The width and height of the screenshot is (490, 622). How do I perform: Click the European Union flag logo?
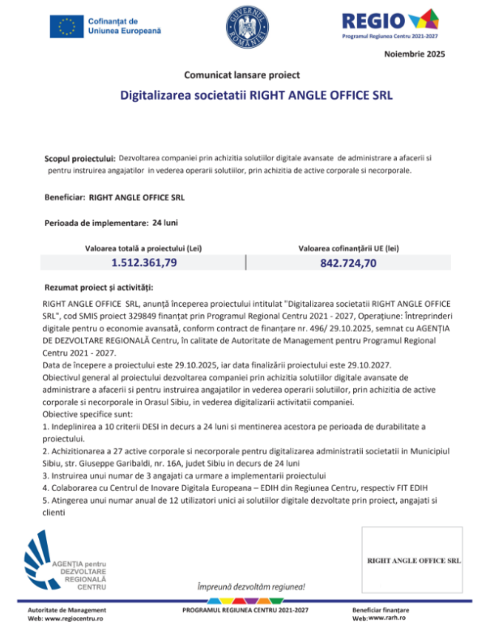pyautogui.click(x=66, y=26)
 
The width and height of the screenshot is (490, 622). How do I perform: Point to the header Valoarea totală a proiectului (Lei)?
pyautogui.click(x=143, y=247)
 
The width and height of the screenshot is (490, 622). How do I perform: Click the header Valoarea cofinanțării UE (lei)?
pyautogui.click(x=349, y=247)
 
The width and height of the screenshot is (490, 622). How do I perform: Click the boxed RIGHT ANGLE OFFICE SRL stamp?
pyautogui.click(x=414, y=560)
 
